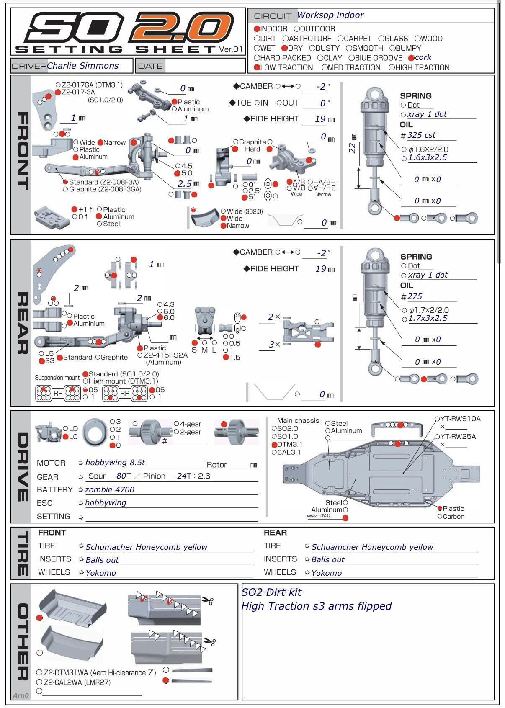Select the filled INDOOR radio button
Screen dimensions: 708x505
pos(257,29)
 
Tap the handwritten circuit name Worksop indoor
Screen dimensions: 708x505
pos(330,15)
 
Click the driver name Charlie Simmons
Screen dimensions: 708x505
pos(82,66)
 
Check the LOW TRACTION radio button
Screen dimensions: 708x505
pos(257,67)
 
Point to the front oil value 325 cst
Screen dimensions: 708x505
pos(421,135)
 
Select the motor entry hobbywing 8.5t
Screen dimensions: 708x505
pos(115,463)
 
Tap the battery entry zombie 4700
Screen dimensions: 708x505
pos(110,489)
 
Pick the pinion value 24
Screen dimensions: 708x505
pos(182,476)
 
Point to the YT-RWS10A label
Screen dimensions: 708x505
pos(460,419)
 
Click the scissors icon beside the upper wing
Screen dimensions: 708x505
pos(207,601)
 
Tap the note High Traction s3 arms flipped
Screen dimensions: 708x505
pos(316,606)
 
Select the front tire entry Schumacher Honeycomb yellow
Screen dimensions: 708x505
pos(146,547)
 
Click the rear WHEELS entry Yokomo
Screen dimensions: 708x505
pos(326,573)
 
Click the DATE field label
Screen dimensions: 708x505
pos(150,66)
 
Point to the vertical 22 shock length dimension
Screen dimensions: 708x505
pos(353,147)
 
